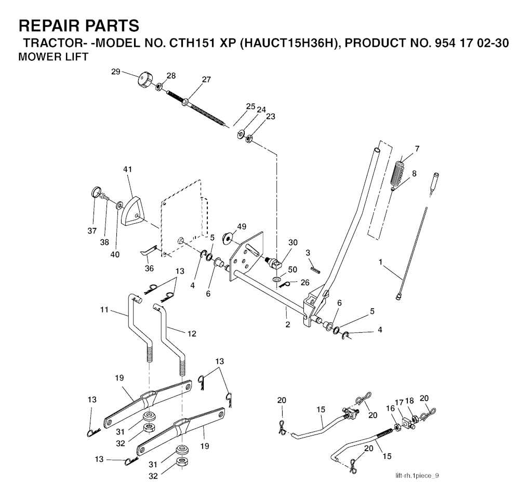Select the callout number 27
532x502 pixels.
(207, 79)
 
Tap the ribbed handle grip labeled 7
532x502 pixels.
(400, 171)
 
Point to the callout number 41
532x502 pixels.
(128, 170)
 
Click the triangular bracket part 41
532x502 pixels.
(133, 210)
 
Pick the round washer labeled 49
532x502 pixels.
(228, 238)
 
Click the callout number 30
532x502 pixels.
(293, 243)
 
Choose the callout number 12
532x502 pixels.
(192, 333)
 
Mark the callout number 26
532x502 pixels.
(304, 283)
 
